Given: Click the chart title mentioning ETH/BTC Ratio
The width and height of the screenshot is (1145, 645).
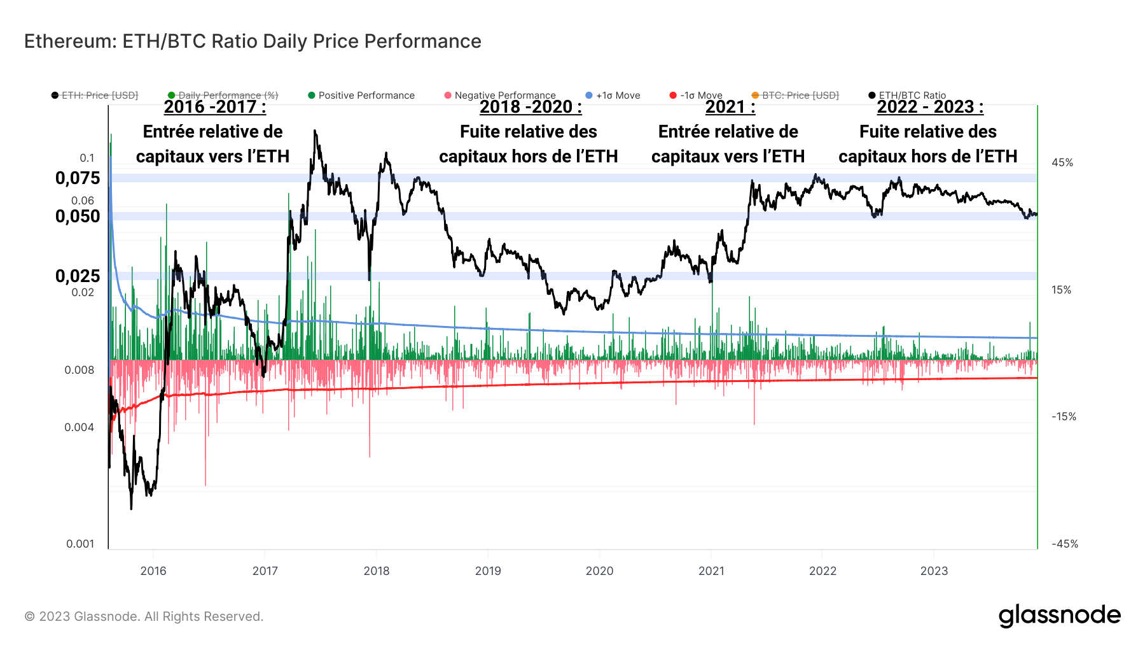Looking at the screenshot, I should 253,41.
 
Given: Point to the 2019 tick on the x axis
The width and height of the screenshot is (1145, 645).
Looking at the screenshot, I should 488,571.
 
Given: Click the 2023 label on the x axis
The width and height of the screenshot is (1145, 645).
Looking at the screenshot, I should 934,571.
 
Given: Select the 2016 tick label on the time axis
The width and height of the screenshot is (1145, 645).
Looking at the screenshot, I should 153,571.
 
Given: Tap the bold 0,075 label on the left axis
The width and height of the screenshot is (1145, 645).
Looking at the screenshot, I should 78,178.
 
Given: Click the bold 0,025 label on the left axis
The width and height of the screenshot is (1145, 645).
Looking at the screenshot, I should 78,276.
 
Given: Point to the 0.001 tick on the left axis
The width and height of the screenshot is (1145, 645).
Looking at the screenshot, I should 80,544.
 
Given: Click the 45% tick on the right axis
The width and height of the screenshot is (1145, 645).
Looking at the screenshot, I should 1062,163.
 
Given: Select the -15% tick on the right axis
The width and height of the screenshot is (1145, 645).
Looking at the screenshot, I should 1064,417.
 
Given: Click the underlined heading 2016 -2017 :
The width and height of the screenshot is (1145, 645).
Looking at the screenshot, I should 214,107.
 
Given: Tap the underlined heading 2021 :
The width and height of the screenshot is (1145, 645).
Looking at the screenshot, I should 730,107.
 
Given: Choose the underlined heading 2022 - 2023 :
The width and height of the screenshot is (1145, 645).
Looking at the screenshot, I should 930,107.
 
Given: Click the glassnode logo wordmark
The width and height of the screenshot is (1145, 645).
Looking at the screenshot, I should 1059,616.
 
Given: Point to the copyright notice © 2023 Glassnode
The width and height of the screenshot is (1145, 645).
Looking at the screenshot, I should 144,616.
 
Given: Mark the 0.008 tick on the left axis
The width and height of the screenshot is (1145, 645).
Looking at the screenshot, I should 79,370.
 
